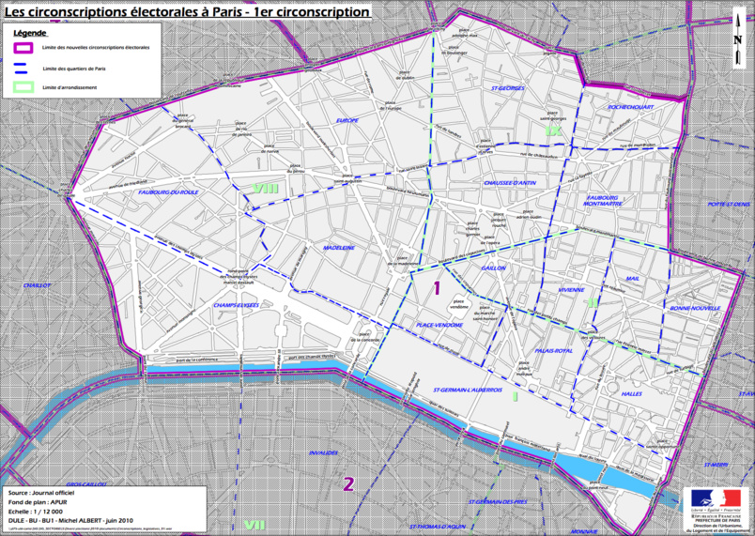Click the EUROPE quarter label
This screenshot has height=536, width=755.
tap(347, 121)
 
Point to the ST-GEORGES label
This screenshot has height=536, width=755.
tap(507, 87)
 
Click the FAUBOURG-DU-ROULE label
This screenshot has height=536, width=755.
tap(167, 191)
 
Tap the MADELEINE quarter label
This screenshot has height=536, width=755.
tap(338, 248)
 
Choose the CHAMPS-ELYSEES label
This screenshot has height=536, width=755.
tap(235, 305)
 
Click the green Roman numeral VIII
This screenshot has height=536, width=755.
tap(266, 189)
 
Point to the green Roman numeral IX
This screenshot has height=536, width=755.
tap(551, 131)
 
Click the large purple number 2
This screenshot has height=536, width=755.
tap(347, 484)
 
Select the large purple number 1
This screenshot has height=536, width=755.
tap(436, 288)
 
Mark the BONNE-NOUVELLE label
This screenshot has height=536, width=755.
tap(695, 308)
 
